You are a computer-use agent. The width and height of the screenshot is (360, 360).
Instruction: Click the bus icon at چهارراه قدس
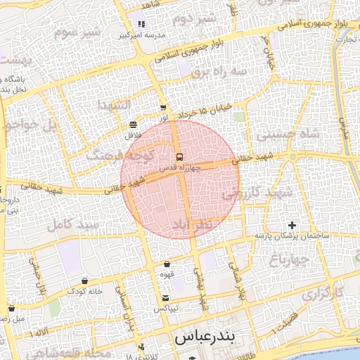click(179, 157)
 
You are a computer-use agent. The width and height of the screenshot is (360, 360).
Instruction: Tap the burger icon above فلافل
click(133, 124)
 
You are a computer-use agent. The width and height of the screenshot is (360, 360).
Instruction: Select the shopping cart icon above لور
click(163, 108)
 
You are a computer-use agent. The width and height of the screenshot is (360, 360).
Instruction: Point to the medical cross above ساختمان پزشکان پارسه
click(292, 225)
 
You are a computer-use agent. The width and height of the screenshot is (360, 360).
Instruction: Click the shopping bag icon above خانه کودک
click(85, 281)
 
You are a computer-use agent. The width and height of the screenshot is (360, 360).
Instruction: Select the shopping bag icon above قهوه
click(167, 264)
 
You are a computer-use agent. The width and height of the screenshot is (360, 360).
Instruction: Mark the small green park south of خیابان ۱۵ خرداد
click(239, 116)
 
